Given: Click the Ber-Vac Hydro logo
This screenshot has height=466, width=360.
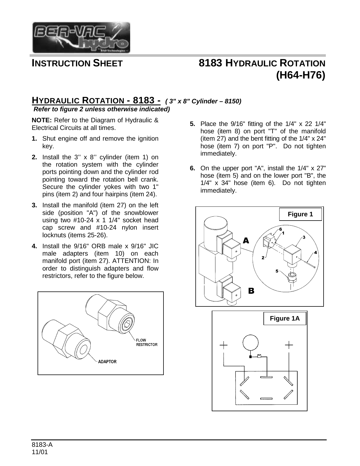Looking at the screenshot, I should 81,37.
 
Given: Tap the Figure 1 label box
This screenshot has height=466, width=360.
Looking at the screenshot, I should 300,214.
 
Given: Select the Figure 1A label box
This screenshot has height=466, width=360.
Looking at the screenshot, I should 285,319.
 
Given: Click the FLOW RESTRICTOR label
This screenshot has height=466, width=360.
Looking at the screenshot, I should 147,342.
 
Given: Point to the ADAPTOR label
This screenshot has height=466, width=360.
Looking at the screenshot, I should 107,362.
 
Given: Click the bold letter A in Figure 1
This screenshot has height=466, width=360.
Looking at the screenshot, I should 246,241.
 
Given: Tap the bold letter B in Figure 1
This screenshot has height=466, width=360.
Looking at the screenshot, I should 251,291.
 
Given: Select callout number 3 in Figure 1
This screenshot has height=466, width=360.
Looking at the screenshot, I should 304,237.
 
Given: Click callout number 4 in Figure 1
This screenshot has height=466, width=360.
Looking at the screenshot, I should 315,252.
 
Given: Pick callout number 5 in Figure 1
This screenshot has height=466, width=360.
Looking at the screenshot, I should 277,271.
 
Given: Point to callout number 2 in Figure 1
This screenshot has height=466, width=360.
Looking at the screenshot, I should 263,258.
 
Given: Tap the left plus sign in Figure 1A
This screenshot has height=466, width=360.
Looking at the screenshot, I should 223,345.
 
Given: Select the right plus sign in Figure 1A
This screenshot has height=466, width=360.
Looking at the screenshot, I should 289,345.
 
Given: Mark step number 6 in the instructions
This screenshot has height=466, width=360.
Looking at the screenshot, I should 192,168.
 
